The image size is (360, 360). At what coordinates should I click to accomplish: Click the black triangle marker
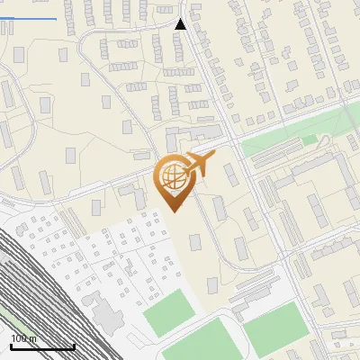181,24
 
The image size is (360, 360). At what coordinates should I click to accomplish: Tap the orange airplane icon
202,164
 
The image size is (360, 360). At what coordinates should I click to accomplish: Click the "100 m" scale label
23,339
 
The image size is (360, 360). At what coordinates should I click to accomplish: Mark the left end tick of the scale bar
11,345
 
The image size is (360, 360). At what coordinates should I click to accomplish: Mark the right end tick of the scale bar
74,345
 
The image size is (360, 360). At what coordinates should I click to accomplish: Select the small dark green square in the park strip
310,140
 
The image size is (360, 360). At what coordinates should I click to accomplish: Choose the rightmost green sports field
277,327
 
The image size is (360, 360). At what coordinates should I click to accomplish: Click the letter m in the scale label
32,339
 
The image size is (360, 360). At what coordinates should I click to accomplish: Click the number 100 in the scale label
20,339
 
